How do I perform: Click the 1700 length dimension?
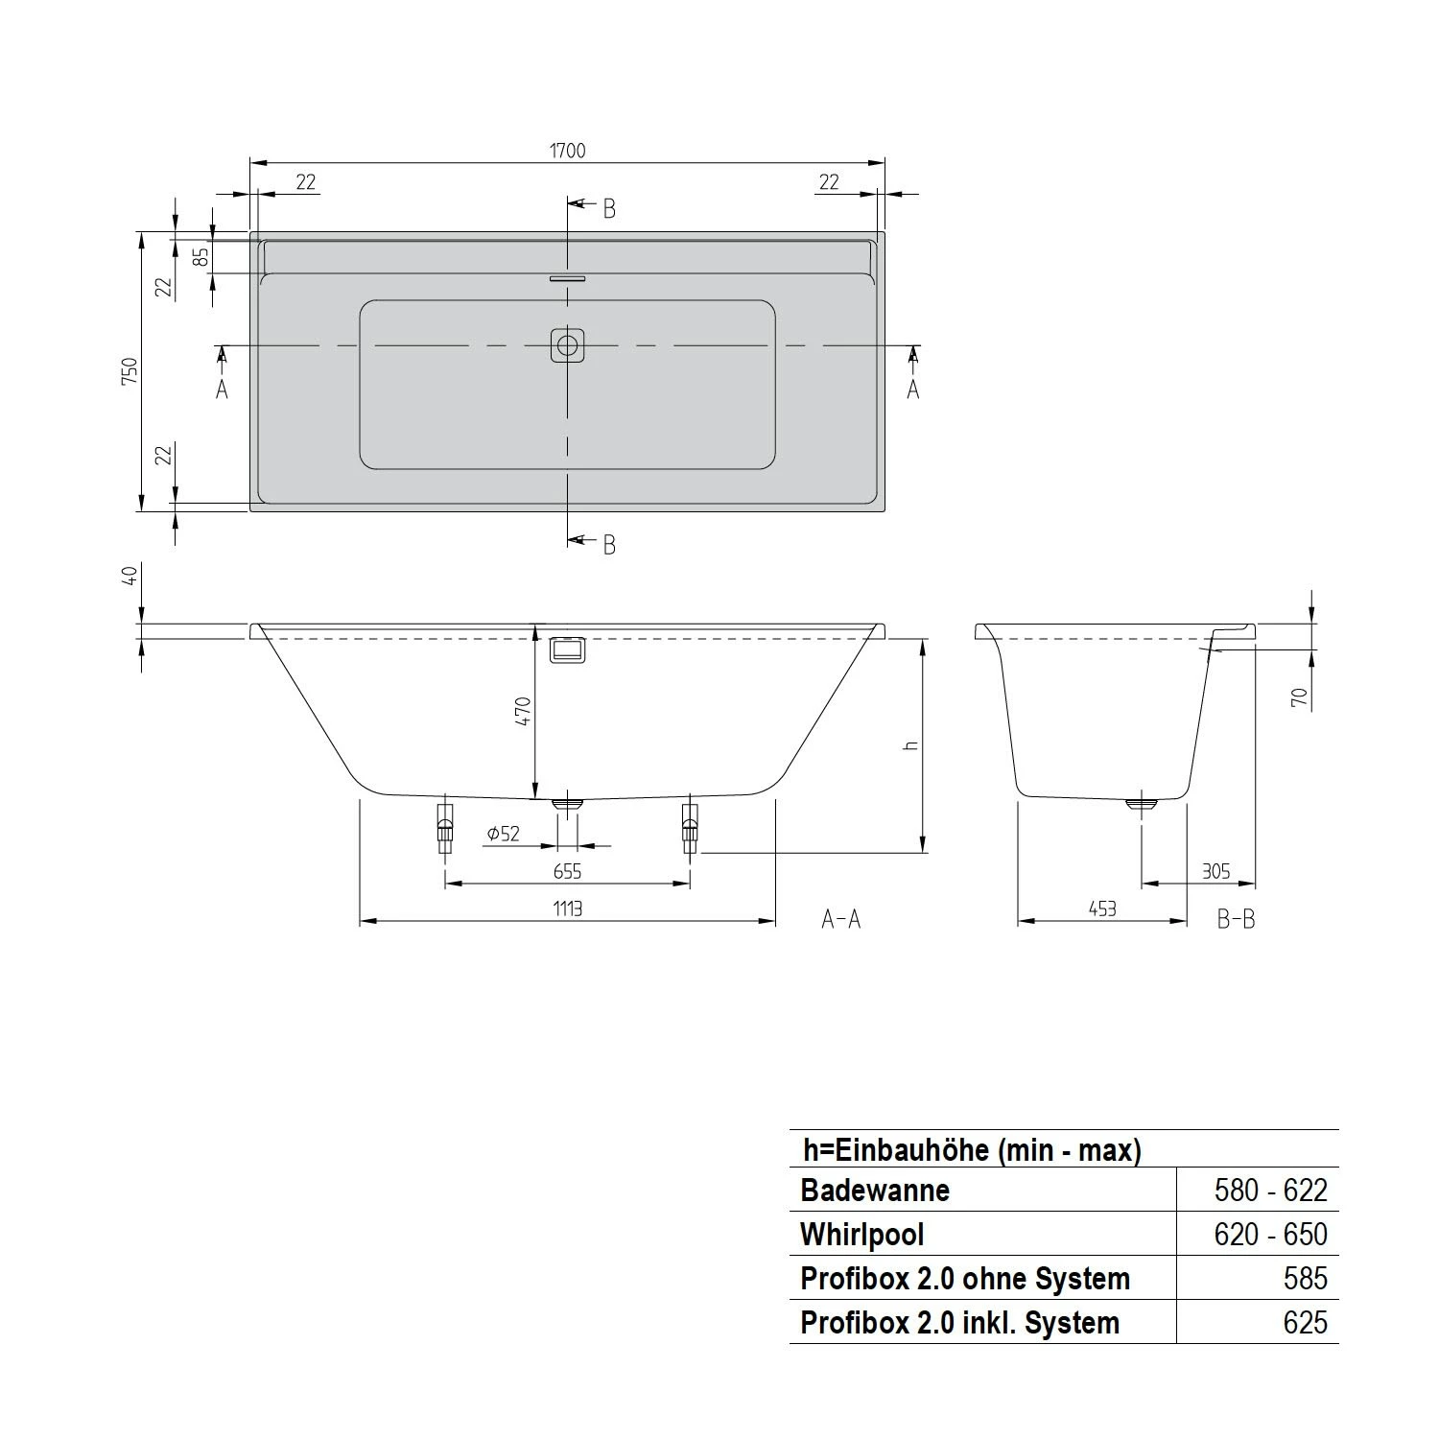tap(567, 151)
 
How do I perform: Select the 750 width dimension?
tap(130, 370)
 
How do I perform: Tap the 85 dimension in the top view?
tap(201, 257)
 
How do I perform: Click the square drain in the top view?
tap(568, 345)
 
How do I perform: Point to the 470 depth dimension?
tap(523, 711)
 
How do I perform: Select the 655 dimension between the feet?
tap(567, 871)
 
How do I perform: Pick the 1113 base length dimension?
tap(567, 908)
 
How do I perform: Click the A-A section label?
tap(841, 919)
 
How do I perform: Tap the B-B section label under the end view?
tap(1236, 919)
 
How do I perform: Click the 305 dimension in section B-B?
tap(1215, 871)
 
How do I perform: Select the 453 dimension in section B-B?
tap(1102, 908)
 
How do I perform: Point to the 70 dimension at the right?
tap(1300, 697)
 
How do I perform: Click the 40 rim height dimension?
tap(130, 575)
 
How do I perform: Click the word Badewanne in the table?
tap(875, 1191)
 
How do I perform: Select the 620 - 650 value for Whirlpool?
tap(1270, 1235)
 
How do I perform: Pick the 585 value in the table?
tap(1305, 1279)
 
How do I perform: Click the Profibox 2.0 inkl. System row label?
tap(959, 1323)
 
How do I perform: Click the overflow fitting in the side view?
tap(566, 649)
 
